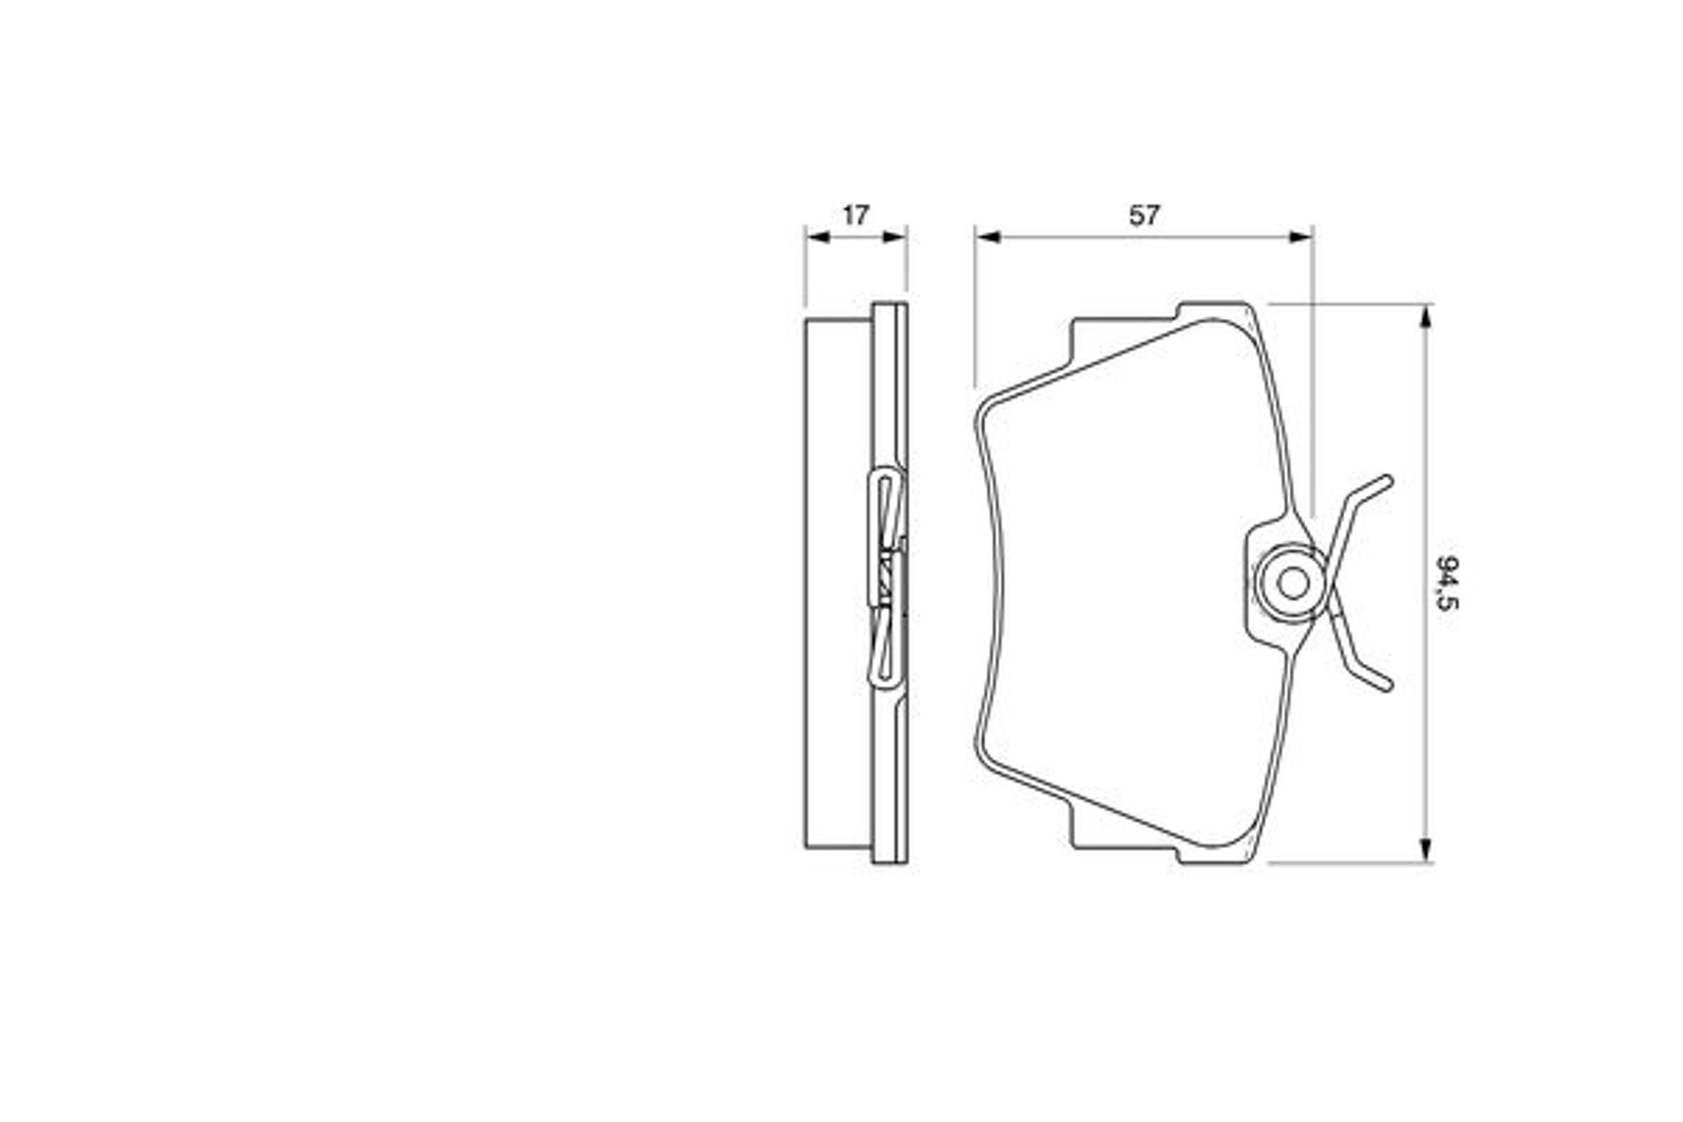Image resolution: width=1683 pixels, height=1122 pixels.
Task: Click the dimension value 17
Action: pos(855,215)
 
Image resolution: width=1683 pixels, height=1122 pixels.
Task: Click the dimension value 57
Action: pos(1144,215)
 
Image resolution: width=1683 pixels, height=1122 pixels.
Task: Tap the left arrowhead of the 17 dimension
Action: pos(817,237)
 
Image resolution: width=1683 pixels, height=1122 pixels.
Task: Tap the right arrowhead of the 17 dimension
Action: pos(896,237)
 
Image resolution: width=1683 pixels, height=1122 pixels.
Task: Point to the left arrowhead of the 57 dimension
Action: pos(987,237)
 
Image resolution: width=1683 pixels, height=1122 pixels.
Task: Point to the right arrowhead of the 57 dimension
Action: pos(1301,237)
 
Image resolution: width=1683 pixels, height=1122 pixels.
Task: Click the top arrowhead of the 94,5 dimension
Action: pos(1426,316)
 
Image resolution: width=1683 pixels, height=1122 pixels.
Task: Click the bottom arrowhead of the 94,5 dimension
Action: pos(1426,850)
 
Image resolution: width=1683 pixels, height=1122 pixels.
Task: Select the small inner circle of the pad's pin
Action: pos(1293,584)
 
